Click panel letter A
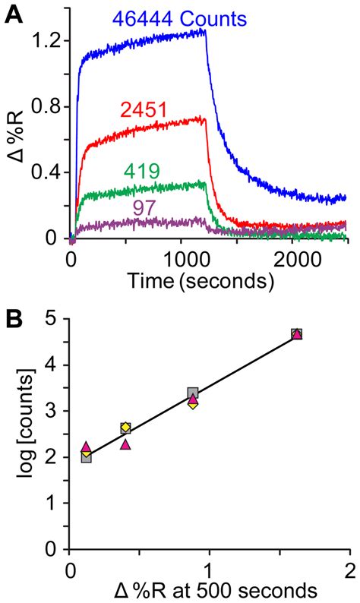coord(14,14)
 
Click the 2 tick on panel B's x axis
coord(349,567)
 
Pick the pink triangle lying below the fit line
coord(125,444)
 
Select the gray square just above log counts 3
coord(193,393)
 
